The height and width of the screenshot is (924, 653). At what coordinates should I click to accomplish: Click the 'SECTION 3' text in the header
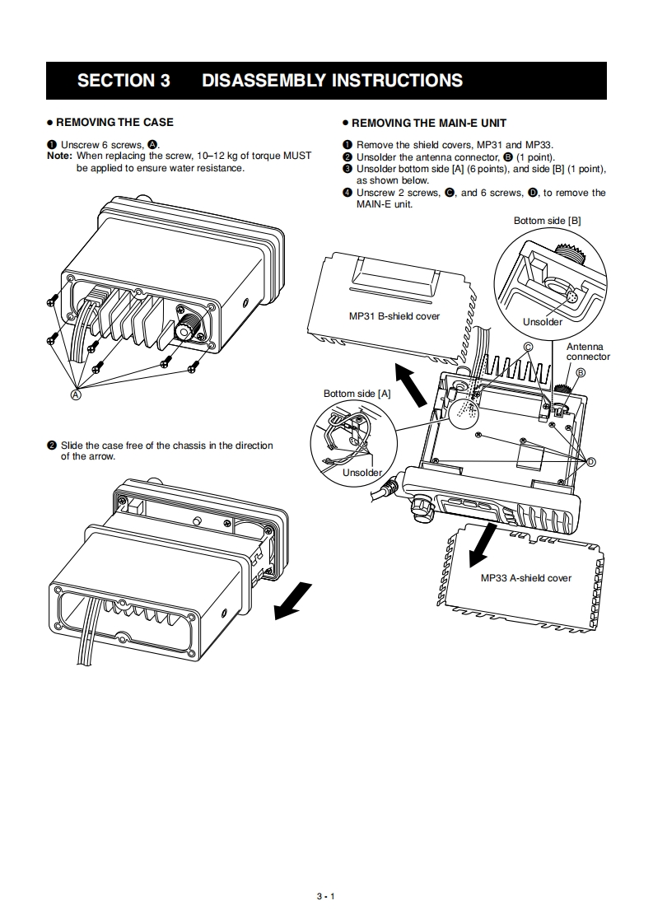[x=124, y=81]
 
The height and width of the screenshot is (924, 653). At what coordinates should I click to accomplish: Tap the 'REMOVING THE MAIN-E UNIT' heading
[x=428, y=123]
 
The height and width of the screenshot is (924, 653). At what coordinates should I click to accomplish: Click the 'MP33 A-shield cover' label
[x=525, y=578]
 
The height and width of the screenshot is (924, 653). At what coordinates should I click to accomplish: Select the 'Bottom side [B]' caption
[x=547, y=221]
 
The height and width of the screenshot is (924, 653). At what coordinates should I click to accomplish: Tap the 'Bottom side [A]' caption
[x=357, y=394]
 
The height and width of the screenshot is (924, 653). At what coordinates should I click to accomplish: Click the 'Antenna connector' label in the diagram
[x=587, y=352]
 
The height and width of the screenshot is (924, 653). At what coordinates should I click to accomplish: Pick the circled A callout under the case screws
[x=77, y=395]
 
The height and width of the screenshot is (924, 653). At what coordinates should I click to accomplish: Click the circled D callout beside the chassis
[x=590, y=462]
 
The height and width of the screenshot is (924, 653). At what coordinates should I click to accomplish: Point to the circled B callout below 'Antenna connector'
[x=580, y=372]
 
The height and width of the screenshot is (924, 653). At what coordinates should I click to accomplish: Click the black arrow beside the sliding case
[x=292, y=600]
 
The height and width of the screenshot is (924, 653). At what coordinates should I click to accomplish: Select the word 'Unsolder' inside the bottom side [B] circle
[x=542, y=322]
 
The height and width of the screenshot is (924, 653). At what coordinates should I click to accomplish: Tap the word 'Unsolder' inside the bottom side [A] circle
[x=362, y=473]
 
